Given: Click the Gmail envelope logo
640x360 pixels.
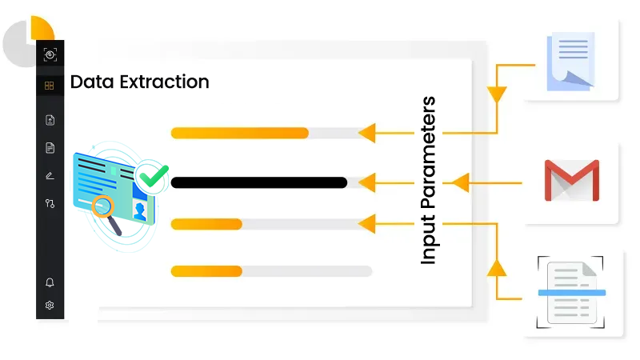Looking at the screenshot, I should coord(571,181).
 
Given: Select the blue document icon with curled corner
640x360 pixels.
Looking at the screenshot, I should coord(570,61).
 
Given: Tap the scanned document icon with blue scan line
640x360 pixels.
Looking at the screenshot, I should coord(570,293).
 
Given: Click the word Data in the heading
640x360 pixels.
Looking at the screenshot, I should coord(88,82).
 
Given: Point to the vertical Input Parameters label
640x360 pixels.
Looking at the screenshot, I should coord(429,181).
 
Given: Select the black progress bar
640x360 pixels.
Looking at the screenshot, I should coord(258,182).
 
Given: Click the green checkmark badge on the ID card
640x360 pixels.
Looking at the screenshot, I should coord(152,175).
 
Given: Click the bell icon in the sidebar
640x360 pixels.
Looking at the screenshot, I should coord(50,282).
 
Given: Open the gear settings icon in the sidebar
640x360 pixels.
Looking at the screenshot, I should coord(50,305).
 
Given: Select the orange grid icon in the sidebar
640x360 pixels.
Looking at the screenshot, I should coord(50,86).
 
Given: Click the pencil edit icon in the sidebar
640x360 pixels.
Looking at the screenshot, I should coord(50,175).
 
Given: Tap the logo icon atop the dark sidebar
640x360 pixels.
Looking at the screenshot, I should coord(50,54).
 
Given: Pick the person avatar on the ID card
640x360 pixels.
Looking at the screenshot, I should coord(141,211).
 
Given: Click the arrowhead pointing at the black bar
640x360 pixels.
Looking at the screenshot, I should coord(366,183).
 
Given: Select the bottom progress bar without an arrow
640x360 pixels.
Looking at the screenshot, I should coord(271,271).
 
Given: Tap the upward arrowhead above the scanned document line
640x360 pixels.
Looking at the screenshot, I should coord(498,266).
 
